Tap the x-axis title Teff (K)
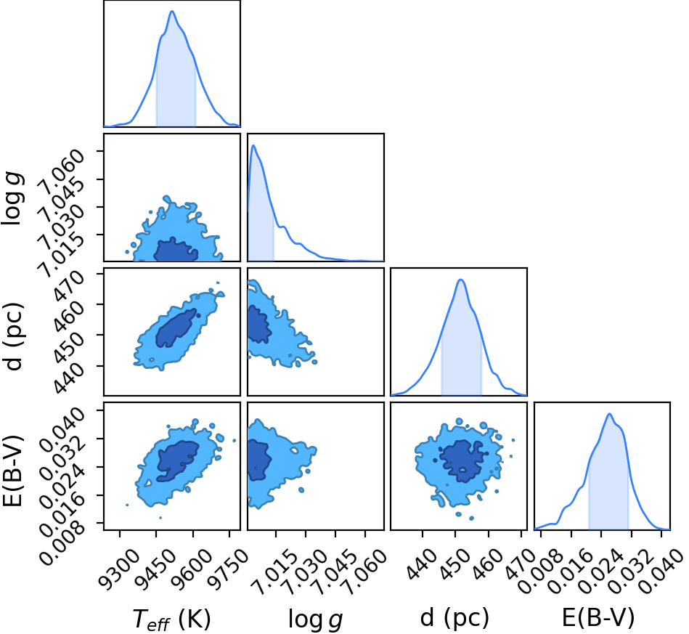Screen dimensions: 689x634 click(172, 619)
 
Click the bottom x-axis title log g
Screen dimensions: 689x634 click(315, 619)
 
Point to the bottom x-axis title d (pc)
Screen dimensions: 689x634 click(454, 618)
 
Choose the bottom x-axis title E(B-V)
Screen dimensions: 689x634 click(598, 617)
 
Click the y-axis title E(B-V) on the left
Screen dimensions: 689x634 click(12, 471)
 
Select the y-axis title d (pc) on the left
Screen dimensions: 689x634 click(13, 337)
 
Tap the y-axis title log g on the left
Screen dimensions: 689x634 click(12, 199)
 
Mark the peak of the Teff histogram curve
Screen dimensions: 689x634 click(172, 12)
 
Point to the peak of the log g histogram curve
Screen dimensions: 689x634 click(253, 145)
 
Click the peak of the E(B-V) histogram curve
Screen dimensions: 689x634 click(609, 414)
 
